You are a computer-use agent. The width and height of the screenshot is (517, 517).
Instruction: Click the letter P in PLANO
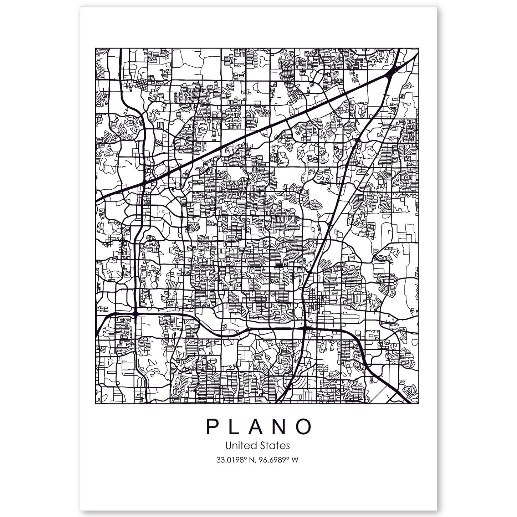point(213,427)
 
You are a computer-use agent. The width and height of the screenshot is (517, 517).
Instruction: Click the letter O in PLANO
point(304,427)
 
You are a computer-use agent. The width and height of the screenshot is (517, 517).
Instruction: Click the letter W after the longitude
point(295,460)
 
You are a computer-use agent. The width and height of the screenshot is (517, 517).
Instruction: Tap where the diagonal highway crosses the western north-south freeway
point(144,181)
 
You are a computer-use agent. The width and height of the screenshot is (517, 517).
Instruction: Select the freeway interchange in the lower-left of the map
point(136,313)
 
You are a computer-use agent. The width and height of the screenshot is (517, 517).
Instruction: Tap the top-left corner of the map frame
point(96,48)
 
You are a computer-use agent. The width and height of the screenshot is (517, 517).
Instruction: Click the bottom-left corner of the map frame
point(96,404)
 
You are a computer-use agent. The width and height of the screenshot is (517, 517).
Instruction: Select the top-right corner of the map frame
point(419,48)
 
